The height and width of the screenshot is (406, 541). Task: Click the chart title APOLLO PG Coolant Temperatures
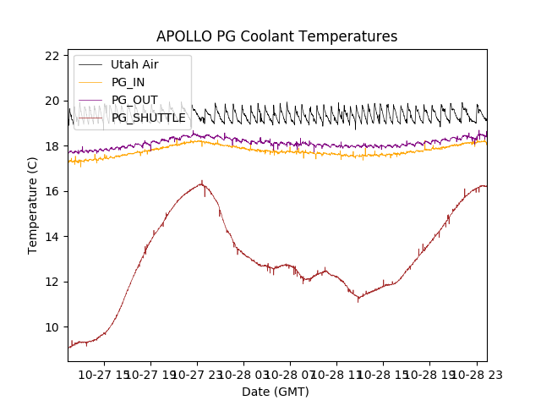pyautogui.click(x=276, y=37)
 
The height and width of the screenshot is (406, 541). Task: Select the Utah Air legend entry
pyautogui.click(x=134, y=64)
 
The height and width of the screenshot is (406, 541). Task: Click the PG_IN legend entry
pyautogui.click(x=128, y=82)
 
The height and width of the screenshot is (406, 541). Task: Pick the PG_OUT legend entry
pyautogui.click(x=134, y=100)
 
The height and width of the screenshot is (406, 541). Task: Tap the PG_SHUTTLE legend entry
pyautogui.click(x=148, y=118)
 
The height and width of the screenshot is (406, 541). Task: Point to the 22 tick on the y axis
pyautogui.click(x=52, y=56)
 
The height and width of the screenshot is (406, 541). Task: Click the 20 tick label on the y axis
pyautogui.click(x=52, y=101)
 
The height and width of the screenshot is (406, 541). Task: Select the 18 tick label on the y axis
pyautogui.click(x=52, y=146)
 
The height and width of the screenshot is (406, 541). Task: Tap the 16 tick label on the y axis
pyautogui.click(x=52, y=192)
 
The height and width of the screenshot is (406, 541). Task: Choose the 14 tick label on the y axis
pyautogui.click(x=52, y=237)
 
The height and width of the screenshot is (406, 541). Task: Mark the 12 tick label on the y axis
pyautogui.click(x=52, y=283)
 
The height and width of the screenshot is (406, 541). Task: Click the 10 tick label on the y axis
pyautogui.click(x=52, y=327)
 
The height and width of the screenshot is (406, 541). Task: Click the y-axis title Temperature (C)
pyautogui.click(x=33, y=206)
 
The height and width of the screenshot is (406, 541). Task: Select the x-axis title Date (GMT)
pyautogui.click(x=276, y=392)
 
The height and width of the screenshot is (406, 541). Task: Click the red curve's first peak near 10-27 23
pyautogui.click(x=201, y=182)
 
